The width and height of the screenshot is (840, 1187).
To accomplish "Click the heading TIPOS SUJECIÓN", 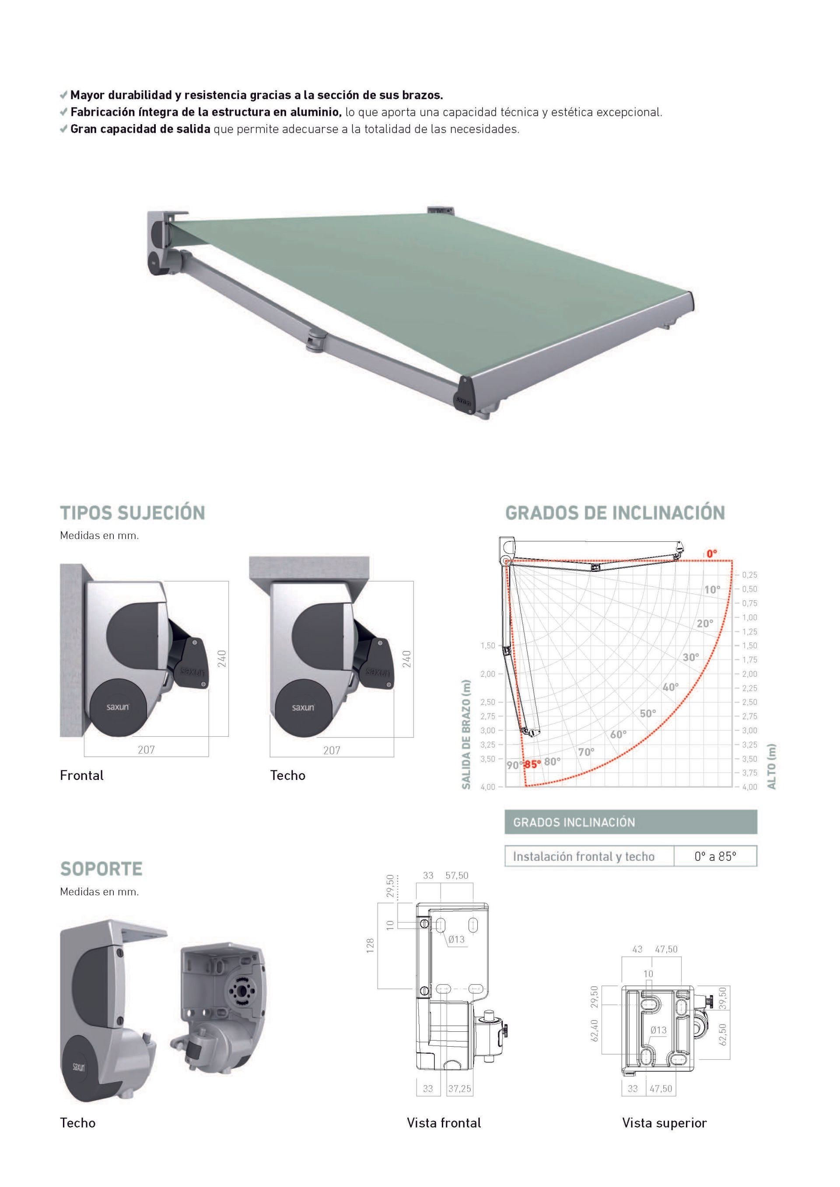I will tap(133, 513).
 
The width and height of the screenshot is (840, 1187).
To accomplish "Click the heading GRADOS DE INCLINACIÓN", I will tap(615, 513).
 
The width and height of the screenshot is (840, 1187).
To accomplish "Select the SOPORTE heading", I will tap(101, 869).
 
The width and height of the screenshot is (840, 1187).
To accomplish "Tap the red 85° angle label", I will tap(532, 765).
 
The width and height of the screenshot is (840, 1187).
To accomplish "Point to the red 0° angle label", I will tap(712, 553).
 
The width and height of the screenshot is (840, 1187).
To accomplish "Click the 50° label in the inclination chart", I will tap(647, 714).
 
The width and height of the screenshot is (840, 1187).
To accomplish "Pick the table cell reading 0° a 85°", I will tap(715, 856).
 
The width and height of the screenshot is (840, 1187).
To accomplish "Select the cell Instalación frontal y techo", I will tap(584, 856).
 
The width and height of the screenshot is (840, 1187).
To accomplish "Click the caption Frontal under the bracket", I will tap(82, 776).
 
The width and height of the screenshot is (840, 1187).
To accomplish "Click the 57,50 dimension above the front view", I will tap(457, 875).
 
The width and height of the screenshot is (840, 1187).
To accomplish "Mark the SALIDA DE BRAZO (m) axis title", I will tap(466, 734).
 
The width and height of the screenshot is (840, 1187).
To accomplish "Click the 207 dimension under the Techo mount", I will tap(332, 750).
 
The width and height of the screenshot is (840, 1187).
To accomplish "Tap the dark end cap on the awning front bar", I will tap(465, 396).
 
